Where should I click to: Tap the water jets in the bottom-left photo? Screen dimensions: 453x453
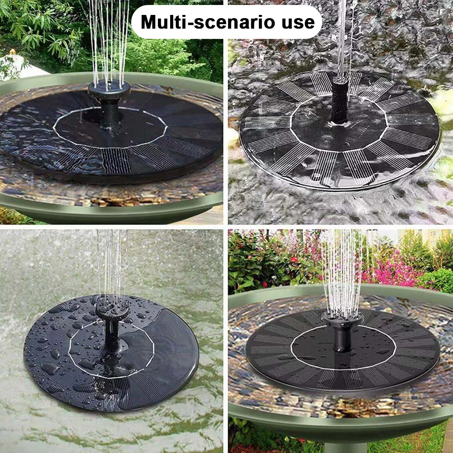point(111,267)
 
